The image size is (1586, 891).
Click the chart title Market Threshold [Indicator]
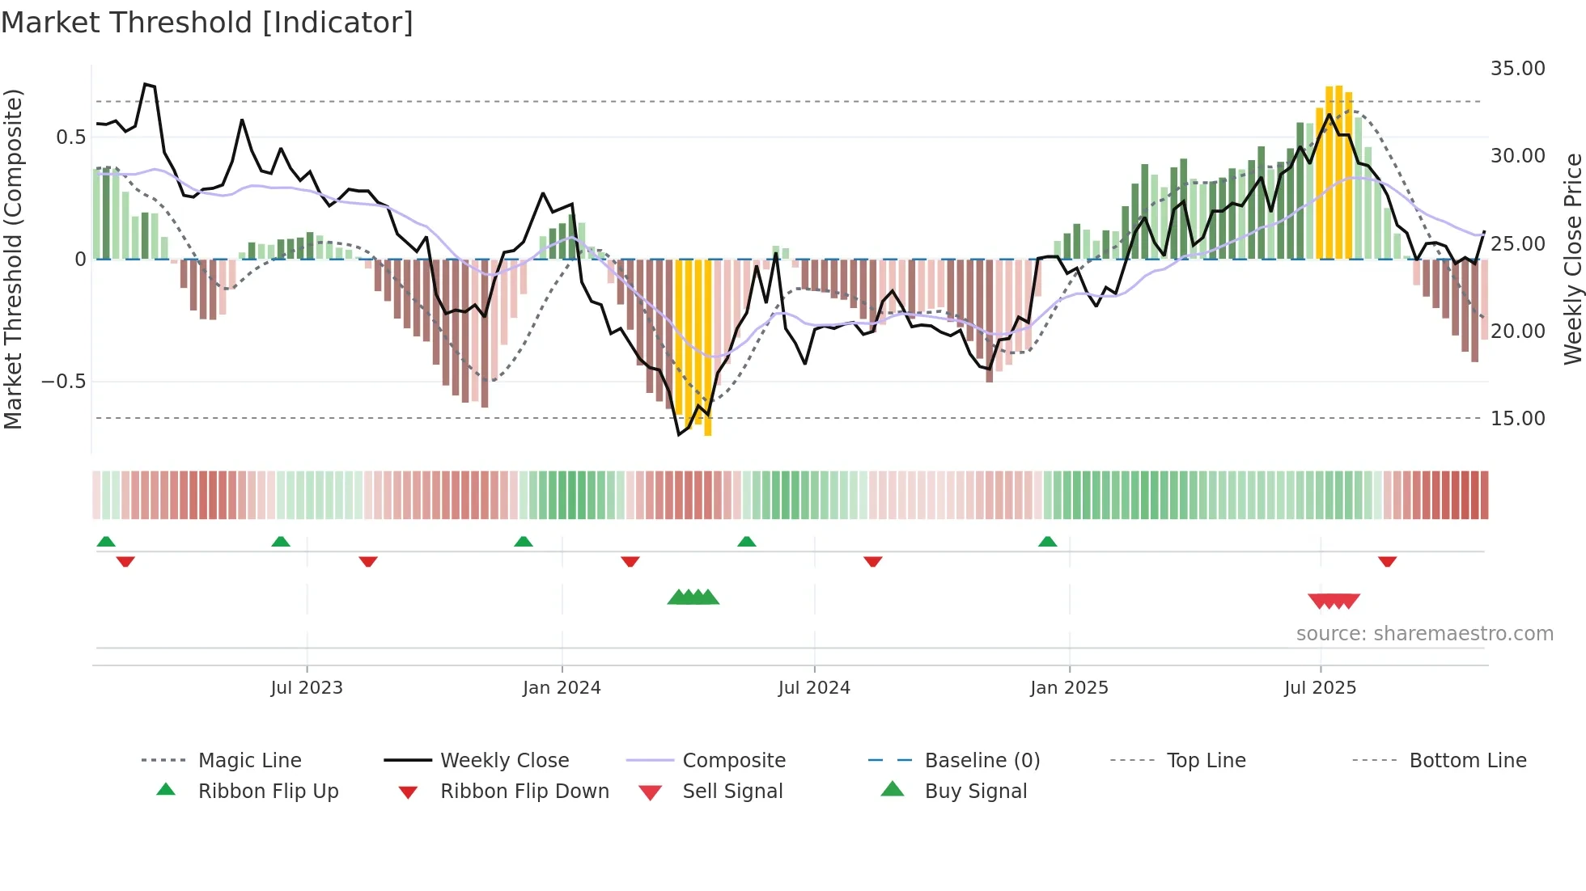[x=207, y=23]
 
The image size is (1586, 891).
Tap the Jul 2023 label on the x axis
[x=307, y=688]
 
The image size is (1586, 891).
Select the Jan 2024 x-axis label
[x=562, y=688]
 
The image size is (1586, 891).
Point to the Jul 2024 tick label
[x=814, y=688]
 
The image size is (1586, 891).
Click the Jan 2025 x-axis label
[x=1069, y=688]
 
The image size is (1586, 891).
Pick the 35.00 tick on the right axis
[x=1517, y=69]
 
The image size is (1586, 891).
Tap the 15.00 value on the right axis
[x=1517, y=419]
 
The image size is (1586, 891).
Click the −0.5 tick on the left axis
[x=64, y=382]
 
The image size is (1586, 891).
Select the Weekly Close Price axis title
[x=1572, y=259]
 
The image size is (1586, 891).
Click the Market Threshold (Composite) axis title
[x=13, y=259]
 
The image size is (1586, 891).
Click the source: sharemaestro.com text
[x=1424, y=634]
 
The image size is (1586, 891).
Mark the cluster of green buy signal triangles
[x=693, y=598]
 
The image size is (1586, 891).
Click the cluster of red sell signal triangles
[x=1334, y=601]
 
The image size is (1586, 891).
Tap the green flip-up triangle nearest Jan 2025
[x=1048, y=542]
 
